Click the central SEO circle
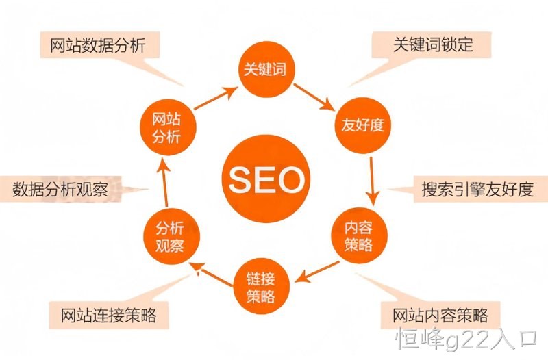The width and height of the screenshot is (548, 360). (x=266, y=179)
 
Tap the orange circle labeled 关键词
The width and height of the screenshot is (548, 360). (x=266, y=69)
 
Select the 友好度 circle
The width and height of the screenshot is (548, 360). (x=363, y=125)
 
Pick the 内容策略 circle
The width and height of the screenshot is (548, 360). (x=359, y=236)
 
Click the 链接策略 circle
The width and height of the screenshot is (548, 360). (x=261, y=286)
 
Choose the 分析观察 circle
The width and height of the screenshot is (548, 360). (x=171, y=236)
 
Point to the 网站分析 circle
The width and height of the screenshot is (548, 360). (x=168, y=127)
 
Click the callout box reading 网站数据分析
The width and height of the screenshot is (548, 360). (x=100, y=45)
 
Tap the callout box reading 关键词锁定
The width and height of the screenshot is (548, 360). (x=432, y=44)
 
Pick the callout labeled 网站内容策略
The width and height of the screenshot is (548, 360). (x=440, y=316)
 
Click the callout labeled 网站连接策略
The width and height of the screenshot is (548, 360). (x=109, y=316)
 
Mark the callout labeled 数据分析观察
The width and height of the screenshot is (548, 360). (x=60, y=190)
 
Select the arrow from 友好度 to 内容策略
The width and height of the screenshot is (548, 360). (x=373, y=181)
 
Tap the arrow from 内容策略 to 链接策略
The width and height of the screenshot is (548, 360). (x=316, y=272)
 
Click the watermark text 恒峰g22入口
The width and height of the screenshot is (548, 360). (x=466, y=339)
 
